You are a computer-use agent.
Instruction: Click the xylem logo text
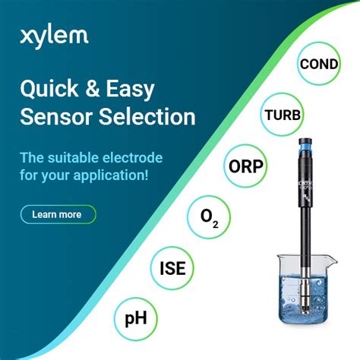(53, 35)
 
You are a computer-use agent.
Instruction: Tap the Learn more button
(58, 214)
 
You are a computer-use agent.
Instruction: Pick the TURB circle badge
(283, 115)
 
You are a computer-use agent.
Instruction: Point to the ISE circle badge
(172, 267)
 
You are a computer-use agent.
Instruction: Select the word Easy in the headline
(134, 90)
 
